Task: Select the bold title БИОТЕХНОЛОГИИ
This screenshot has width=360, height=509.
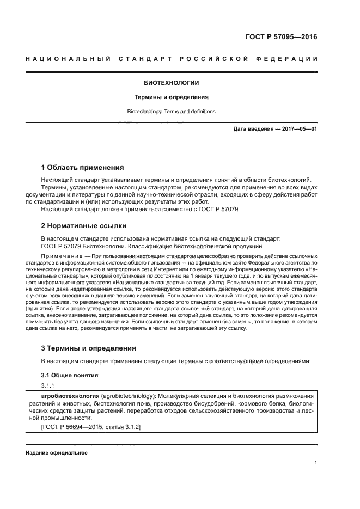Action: tap(171, 83)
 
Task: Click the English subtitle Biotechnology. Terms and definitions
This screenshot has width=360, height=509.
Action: tap(171, 112)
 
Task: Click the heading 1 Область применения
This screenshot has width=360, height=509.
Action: tap(82, 167)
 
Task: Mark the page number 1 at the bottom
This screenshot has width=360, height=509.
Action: tap(315, 463)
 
